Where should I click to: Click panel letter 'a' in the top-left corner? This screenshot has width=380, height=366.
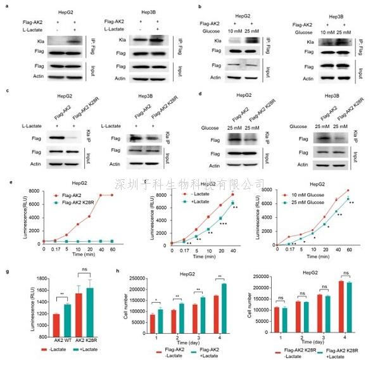(x=4, y=7)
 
